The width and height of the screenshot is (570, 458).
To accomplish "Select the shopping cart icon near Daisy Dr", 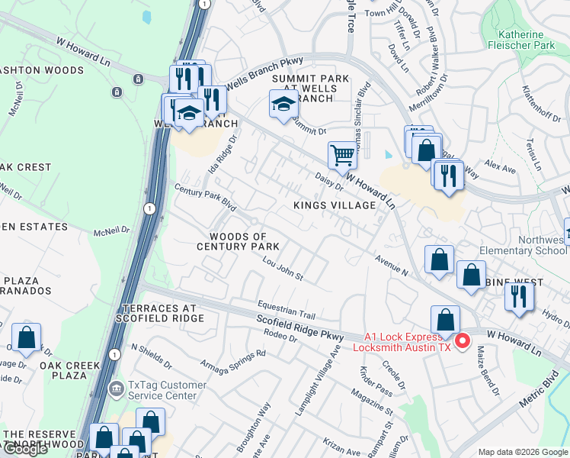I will coord(342,155).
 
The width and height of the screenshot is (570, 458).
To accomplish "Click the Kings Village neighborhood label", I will coord(335,205).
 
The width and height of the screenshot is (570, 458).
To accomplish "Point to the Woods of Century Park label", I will coord(238,241).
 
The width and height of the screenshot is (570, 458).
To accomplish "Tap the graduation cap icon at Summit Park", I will coord(283,105).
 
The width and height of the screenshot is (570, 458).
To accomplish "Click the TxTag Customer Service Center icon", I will coord(116,389).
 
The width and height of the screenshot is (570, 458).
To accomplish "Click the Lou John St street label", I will coord(283,270).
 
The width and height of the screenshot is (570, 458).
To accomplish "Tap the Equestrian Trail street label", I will coord(286,311).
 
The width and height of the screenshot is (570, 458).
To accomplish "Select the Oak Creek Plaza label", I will coord(69,371).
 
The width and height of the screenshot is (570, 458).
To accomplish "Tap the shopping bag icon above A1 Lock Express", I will coord(445,319).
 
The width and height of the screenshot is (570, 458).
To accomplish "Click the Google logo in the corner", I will coord(25,449).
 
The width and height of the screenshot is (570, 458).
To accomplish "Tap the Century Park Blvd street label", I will coord(205,197).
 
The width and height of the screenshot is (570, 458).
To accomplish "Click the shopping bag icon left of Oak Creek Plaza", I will coord(26,337).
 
